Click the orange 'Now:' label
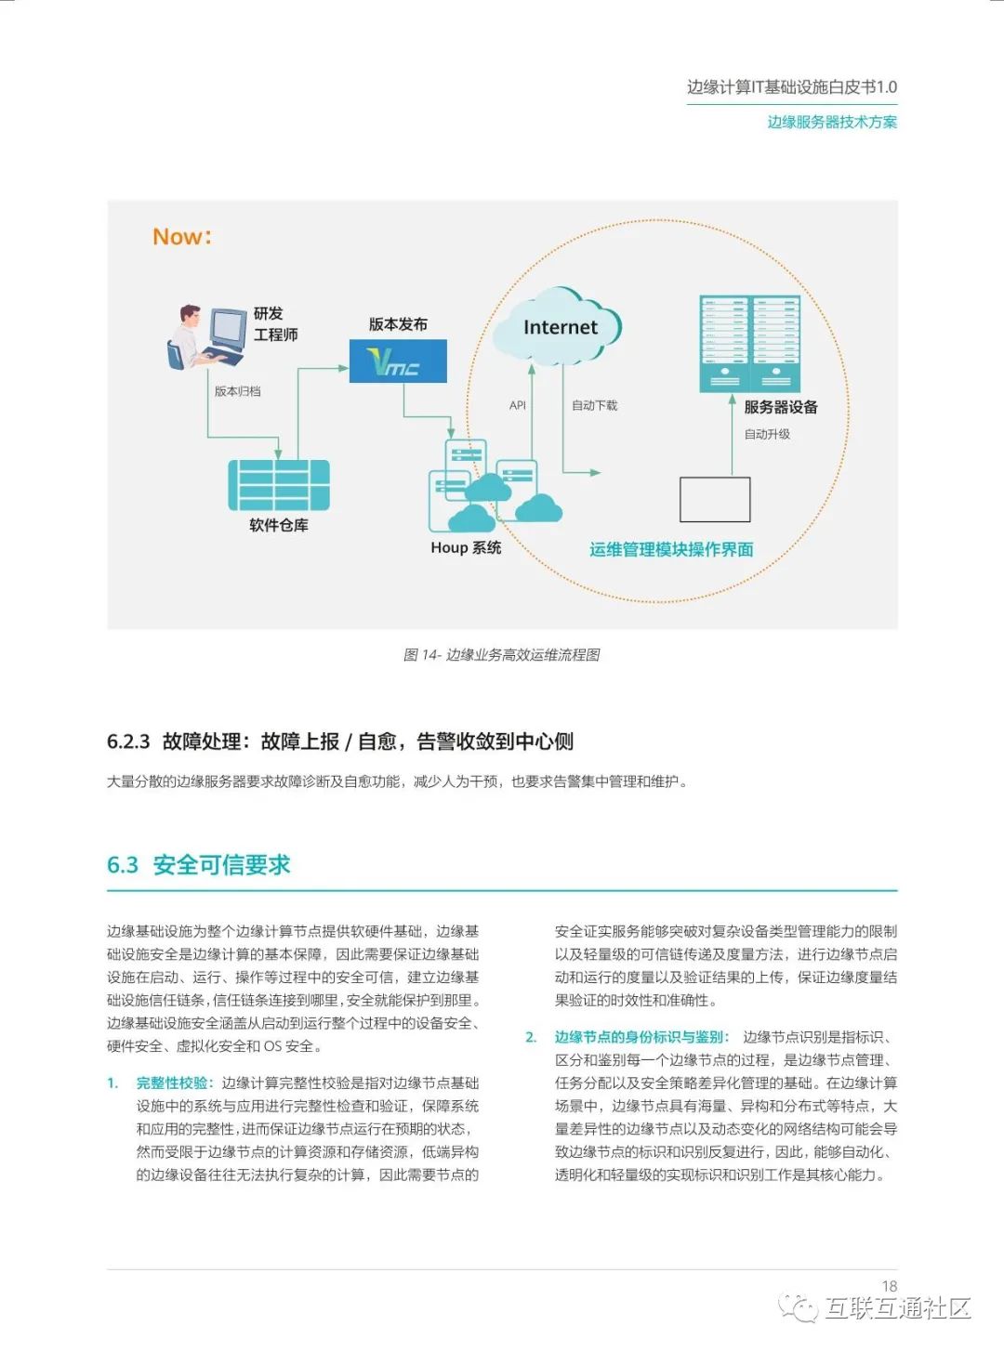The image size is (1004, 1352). [x=182, y=237]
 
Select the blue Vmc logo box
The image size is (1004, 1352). [x=398, y=361]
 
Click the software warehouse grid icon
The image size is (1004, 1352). [x=279, y=485]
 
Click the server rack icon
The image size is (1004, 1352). [x=750, y=343]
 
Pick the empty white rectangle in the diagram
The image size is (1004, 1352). [x=715, y=500]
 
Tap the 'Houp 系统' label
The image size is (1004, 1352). [x=466, y=548]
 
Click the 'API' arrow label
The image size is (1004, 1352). [x=518, y=405]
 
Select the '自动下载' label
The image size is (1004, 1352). [x=594, y=405]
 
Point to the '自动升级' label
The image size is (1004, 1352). [x=767, y=434]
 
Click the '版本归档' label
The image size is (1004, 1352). [x=238, y=391]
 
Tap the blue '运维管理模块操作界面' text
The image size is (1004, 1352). [x=671, y=549]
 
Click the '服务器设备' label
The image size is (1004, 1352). [x=781, y=407]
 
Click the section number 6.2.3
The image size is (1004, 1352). [x=128, y=742]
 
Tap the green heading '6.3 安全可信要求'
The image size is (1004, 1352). [x=199, y=865]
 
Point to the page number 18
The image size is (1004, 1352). [x=890, y=1286]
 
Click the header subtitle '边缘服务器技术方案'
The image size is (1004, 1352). [x=832, y=122]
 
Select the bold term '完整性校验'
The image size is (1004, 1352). [x=174, y=1083]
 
